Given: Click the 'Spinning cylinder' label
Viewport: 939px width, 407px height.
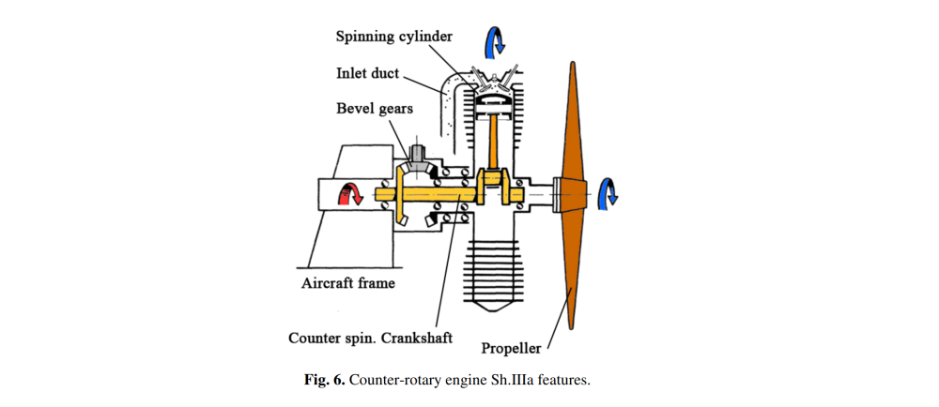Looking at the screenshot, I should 394,37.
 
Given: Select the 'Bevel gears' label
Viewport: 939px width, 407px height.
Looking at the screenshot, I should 375,109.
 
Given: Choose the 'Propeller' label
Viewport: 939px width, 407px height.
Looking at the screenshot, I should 512,348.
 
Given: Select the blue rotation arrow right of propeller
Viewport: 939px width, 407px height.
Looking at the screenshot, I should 609,194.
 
